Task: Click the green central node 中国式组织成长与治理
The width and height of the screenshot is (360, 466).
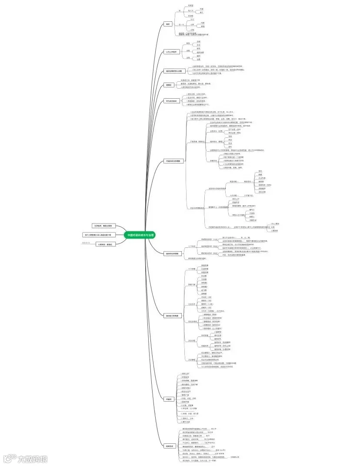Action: click(140, 235)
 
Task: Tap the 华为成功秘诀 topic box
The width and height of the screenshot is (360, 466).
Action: click(171, 100)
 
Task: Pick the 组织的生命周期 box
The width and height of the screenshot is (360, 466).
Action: click(172, 253)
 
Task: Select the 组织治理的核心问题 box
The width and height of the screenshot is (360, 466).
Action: click(173, 71)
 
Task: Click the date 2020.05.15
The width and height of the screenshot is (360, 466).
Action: click(86, 243)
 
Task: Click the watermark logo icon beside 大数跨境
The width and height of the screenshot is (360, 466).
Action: click(9, 459)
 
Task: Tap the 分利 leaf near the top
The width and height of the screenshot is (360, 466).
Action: click(192, 30)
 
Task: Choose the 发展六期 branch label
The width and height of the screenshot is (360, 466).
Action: click(191, 284)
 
